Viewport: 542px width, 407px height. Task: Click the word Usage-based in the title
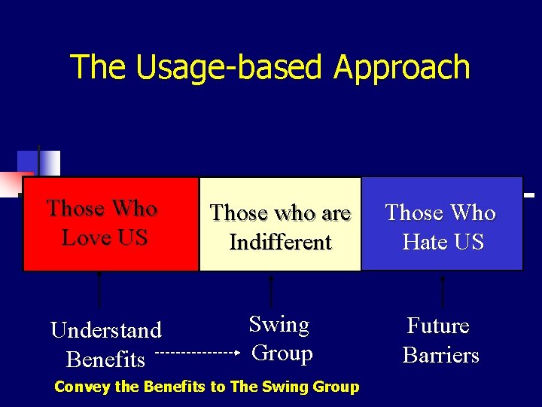[231, 68]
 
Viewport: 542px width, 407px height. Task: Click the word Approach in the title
[402, 68]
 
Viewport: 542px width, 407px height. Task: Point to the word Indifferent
[280, 243]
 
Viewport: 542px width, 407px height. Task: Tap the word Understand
[106, 330]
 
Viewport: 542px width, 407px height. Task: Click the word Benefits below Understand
[105, 360]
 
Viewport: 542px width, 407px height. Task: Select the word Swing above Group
[279, 325]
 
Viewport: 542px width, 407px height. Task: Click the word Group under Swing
[282, 353]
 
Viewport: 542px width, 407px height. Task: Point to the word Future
[438, 326]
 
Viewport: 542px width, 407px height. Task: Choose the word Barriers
[441, 355]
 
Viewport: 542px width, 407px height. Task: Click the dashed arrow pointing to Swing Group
[199, 352]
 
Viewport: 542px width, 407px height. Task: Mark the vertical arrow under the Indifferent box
[271, 290]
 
